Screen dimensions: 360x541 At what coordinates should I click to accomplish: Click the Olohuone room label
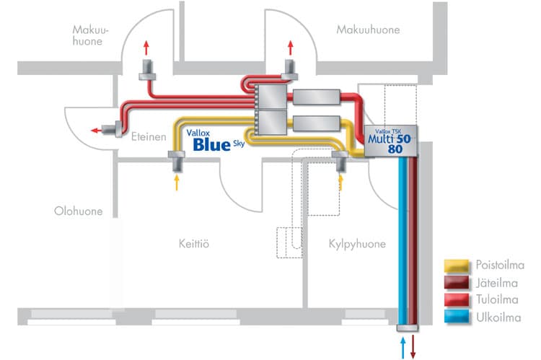78,211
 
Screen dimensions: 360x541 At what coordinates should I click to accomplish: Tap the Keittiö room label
193,243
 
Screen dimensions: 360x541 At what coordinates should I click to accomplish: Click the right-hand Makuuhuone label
368,30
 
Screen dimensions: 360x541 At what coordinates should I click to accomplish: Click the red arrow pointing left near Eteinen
97,131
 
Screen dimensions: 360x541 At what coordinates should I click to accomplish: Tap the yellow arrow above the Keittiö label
177,182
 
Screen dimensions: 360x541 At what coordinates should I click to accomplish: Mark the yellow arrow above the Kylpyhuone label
341,182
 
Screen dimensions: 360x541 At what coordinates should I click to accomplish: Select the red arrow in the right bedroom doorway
291,48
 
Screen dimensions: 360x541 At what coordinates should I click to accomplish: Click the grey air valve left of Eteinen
112,131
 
